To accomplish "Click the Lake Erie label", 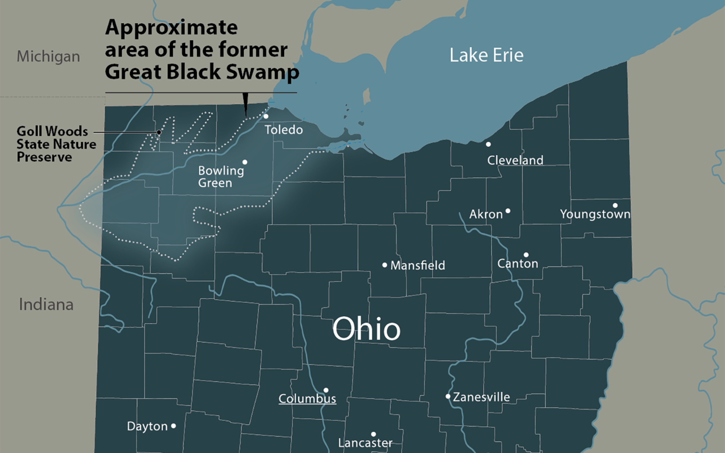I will [x=486, y=55].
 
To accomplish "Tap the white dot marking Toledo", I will [x=266, y=116].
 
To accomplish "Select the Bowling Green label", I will [x=220, y=176].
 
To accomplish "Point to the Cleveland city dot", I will [x=489, y=144].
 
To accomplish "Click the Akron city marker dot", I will [x=508, y=211].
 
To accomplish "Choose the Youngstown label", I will [x=595, y=214].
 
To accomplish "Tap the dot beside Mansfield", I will [x=385, y=265].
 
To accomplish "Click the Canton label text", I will [x=517, y=263].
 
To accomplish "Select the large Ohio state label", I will [x=366, y=329].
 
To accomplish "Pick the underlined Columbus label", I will [x=307, y=399].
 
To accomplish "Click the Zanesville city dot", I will [x=448, y=396].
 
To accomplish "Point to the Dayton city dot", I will [x=173, y=426].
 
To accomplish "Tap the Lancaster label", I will [x=365, y=443].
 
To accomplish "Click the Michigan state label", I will [x=48, y=57].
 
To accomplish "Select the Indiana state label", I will [x=46, y=305].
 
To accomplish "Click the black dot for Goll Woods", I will [x=159, y=133].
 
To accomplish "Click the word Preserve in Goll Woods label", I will [x=44, y=157].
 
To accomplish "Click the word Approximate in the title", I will [x=171, y=27].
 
